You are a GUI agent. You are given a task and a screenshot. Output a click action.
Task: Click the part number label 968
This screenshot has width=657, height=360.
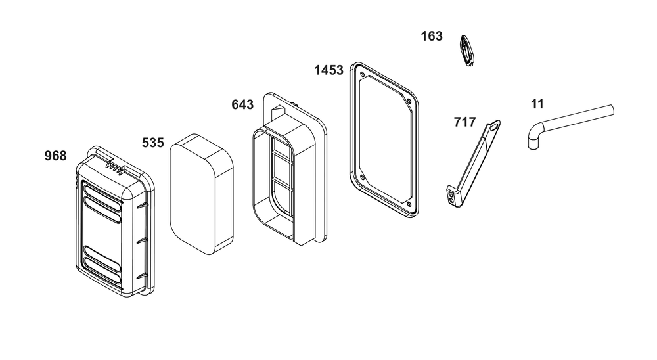click(x=55, y=156)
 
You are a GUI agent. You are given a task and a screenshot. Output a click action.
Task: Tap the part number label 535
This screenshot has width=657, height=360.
click(x=152, y=143)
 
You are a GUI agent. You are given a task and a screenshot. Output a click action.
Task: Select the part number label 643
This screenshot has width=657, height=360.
click(x=242, y=104)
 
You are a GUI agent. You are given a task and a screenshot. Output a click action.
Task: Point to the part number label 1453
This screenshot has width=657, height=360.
click(x=328, y=70)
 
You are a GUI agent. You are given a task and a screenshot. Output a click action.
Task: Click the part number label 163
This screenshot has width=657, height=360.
click(x=432, y=37)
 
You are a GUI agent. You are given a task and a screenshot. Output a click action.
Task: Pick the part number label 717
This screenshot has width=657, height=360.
click(x=464, y=122)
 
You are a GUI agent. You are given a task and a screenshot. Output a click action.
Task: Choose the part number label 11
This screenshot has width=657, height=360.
click(x=537, y=104)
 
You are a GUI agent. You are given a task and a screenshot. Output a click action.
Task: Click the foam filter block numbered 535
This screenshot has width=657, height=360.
click(x=202, y=194)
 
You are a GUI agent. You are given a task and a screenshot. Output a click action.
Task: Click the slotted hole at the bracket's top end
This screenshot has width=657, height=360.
click(x=495, y=125)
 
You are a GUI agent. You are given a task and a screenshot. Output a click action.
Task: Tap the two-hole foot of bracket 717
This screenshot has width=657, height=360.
click(x=452, y=197)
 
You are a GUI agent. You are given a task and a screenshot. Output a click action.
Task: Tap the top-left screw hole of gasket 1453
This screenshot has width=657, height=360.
click(x=362, y=77)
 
